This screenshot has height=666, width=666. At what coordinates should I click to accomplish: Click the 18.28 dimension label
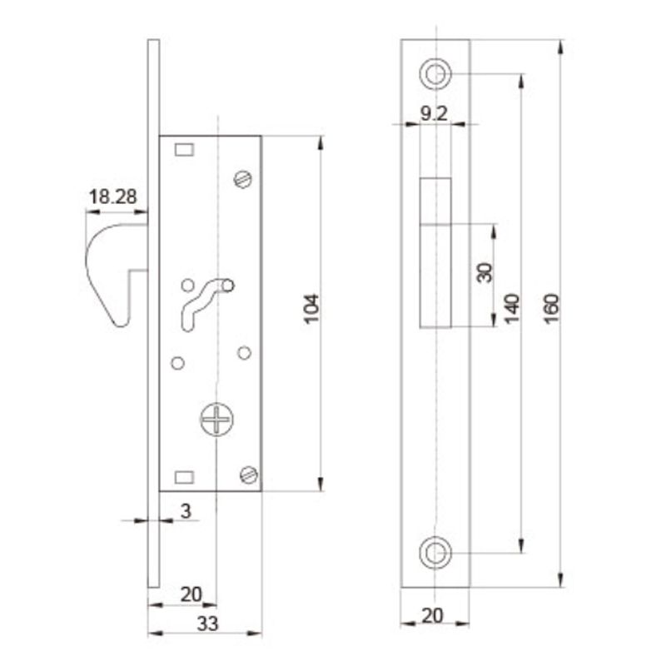coord(112,196)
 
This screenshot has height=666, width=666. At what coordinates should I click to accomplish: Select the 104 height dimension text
coord(311,309)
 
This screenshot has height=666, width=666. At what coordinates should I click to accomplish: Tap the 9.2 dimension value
coord(434,113)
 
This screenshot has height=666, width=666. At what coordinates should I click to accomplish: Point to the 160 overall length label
coord(552,309)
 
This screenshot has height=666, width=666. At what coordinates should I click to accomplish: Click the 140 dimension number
coord(512,309)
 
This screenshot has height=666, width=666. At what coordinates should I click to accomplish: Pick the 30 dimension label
coord(485,273)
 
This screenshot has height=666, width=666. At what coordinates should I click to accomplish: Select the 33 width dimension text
coord(207,624)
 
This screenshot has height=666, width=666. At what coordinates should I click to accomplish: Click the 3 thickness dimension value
coord(186,511)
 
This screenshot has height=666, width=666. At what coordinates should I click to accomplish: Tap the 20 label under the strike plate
coord(432,615)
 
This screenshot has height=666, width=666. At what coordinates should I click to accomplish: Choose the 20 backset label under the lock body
coord(191,594)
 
